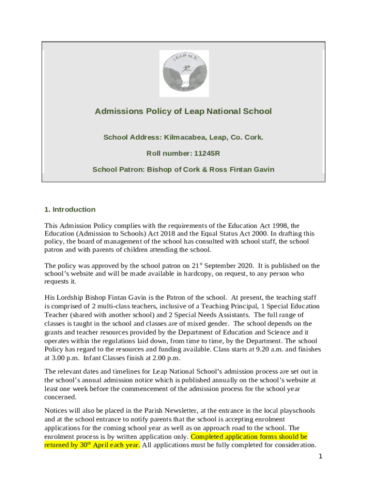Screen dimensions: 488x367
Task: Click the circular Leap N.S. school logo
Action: (183, 72)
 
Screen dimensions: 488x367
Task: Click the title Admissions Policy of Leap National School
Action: (183, 112)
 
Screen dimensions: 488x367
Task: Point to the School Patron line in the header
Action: (183, 169)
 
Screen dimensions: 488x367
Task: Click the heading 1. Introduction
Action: (70, 210)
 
